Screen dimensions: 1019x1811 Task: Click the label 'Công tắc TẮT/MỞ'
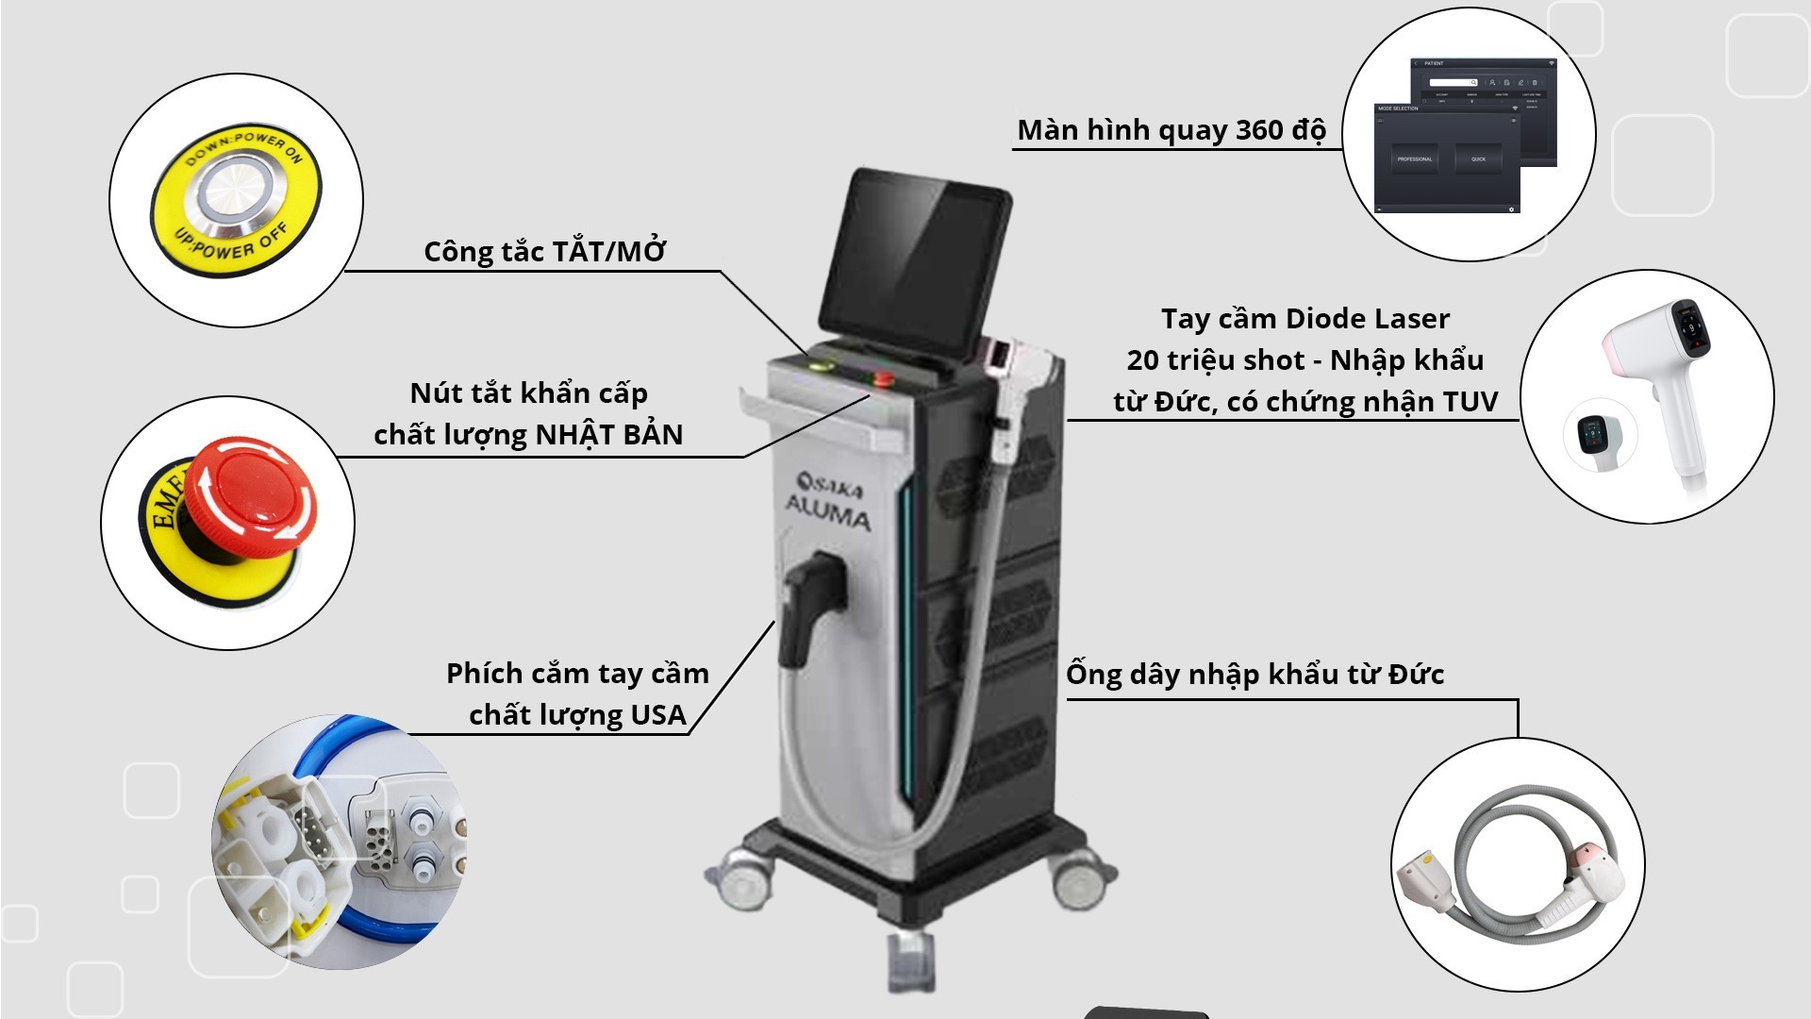(544, 252)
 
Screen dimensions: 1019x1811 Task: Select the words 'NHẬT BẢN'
(608, 435)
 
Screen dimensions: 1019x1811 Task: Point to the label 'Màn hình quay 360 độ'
(1171, 130)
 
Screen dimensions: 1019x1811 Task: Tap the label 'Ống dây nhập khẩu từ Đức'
(1254, 675)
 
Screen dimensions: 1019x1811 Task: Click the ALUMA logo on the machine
(828, 514)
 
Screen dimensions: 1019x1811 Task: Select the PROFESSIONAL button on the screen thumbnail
(1414, 159)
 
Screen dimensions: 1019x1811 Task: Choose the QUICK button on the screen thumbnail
(1478, 159)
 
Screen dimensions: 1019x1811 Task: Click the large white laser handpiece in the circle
(1670, 387)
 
